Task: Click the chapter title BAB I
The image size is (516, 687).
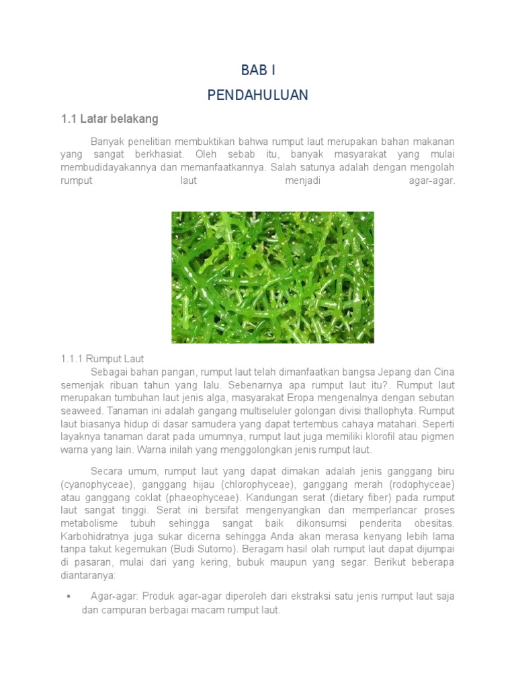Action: (258, 70)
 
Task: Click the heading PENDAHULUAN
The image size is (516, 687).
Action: (258, 95)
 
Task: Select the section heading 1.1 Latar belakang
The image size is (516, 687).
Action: (110, 119)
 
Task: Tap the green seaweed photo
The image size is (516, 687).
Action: (273, 277)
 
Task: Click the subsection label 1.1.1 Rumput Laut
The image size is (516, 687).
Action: (102, 359)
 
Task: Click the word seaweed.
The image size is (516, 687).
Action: (80, 411)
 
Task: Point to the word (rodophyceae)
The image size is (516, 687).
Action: (423, 484)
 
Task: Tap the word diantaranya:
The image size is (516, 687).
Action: (88, 575)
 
